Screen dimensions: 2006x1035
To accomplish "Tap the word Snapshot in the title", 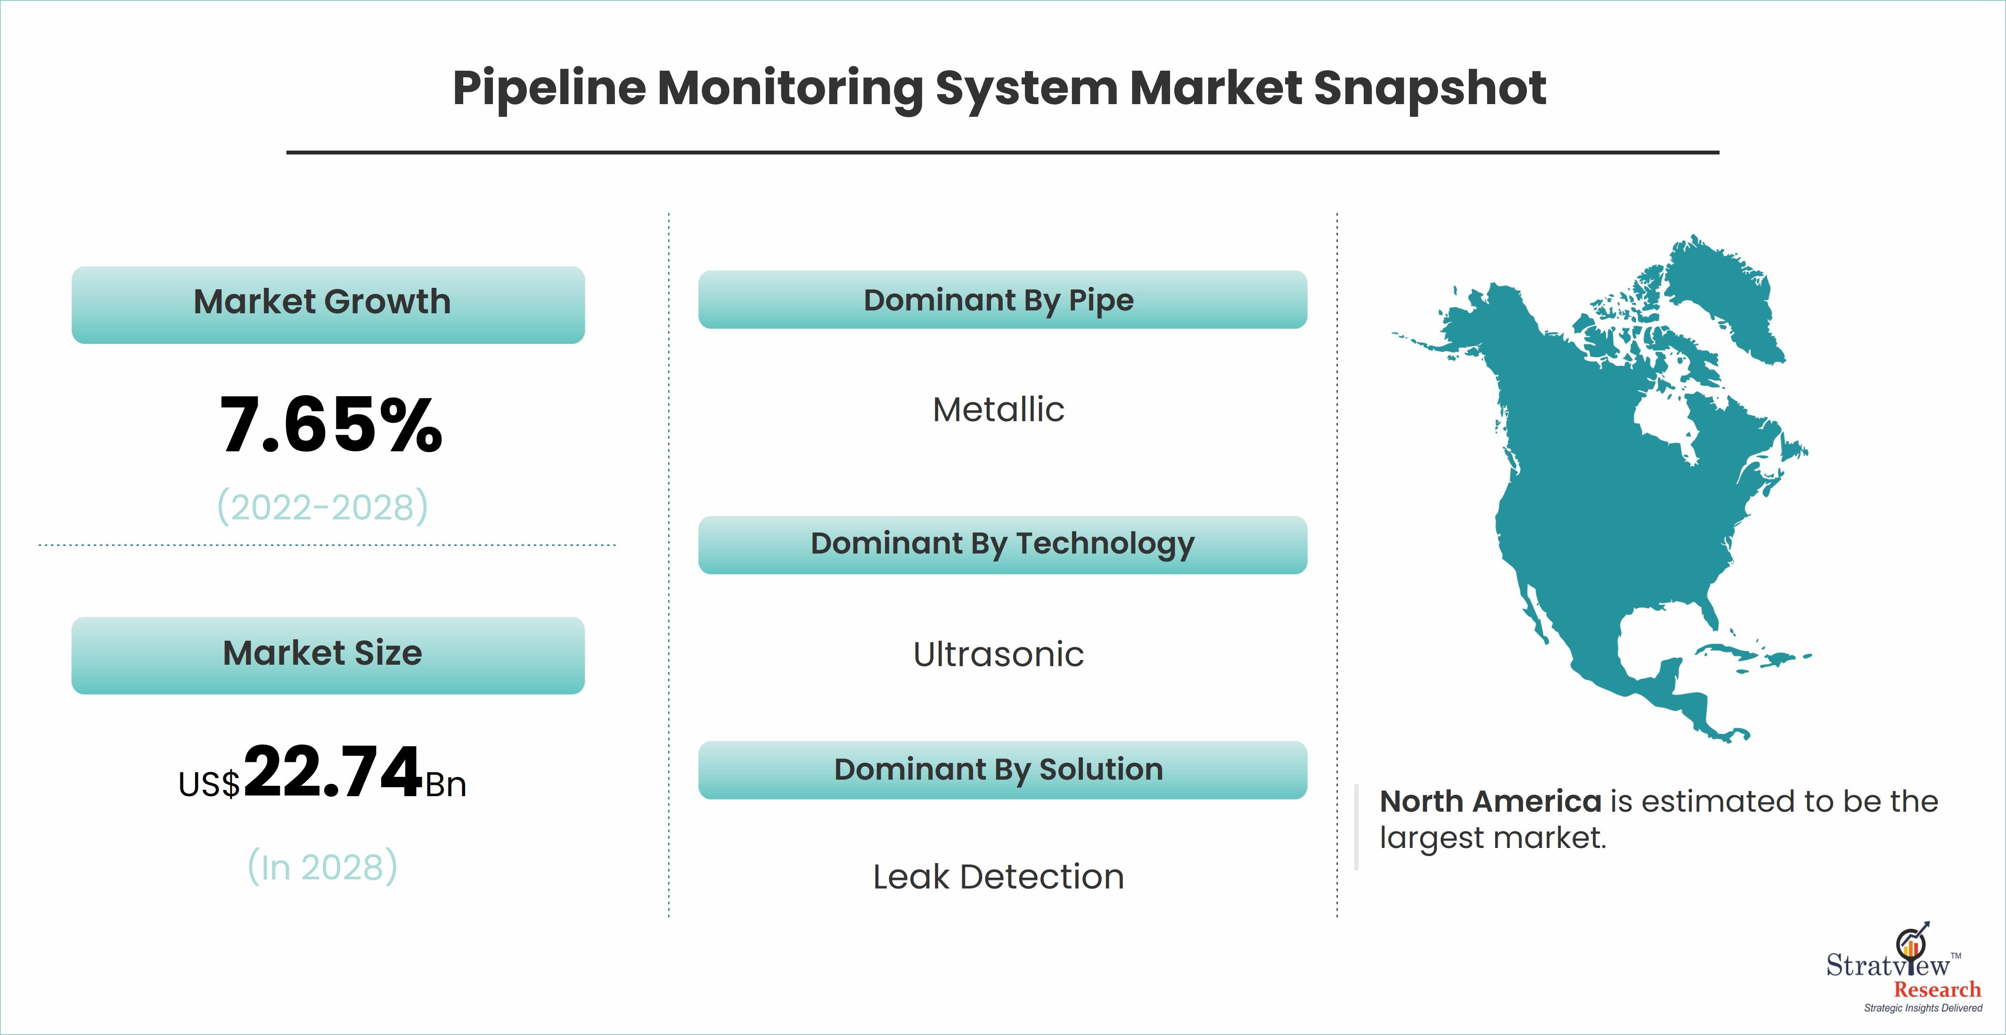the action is tap(1430, 89).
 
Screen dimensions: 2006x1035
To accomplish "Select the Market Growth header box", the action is tap(328, 304).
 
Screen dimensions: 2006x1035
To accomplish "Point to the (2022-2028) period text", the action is tap(322, 507).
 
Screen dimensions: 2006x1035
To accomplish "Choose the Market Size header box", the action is tap(328, 655).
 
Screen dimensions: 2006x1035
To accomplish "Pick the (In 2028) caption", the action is tap(322, 867).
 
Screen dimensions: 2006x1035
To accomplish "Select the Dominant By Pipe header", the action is tap(1002, 300).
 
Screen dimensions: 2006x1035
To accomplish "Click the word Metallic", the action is tap(999, 410).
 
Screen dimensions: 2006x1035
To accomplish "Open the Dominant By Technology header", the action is tap(1002, 545).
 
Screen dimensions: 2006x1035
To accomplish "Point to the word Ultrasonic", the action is tap(999, 655).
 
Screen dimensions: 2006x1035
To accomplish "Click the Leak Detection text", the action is tap(999, 877).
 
